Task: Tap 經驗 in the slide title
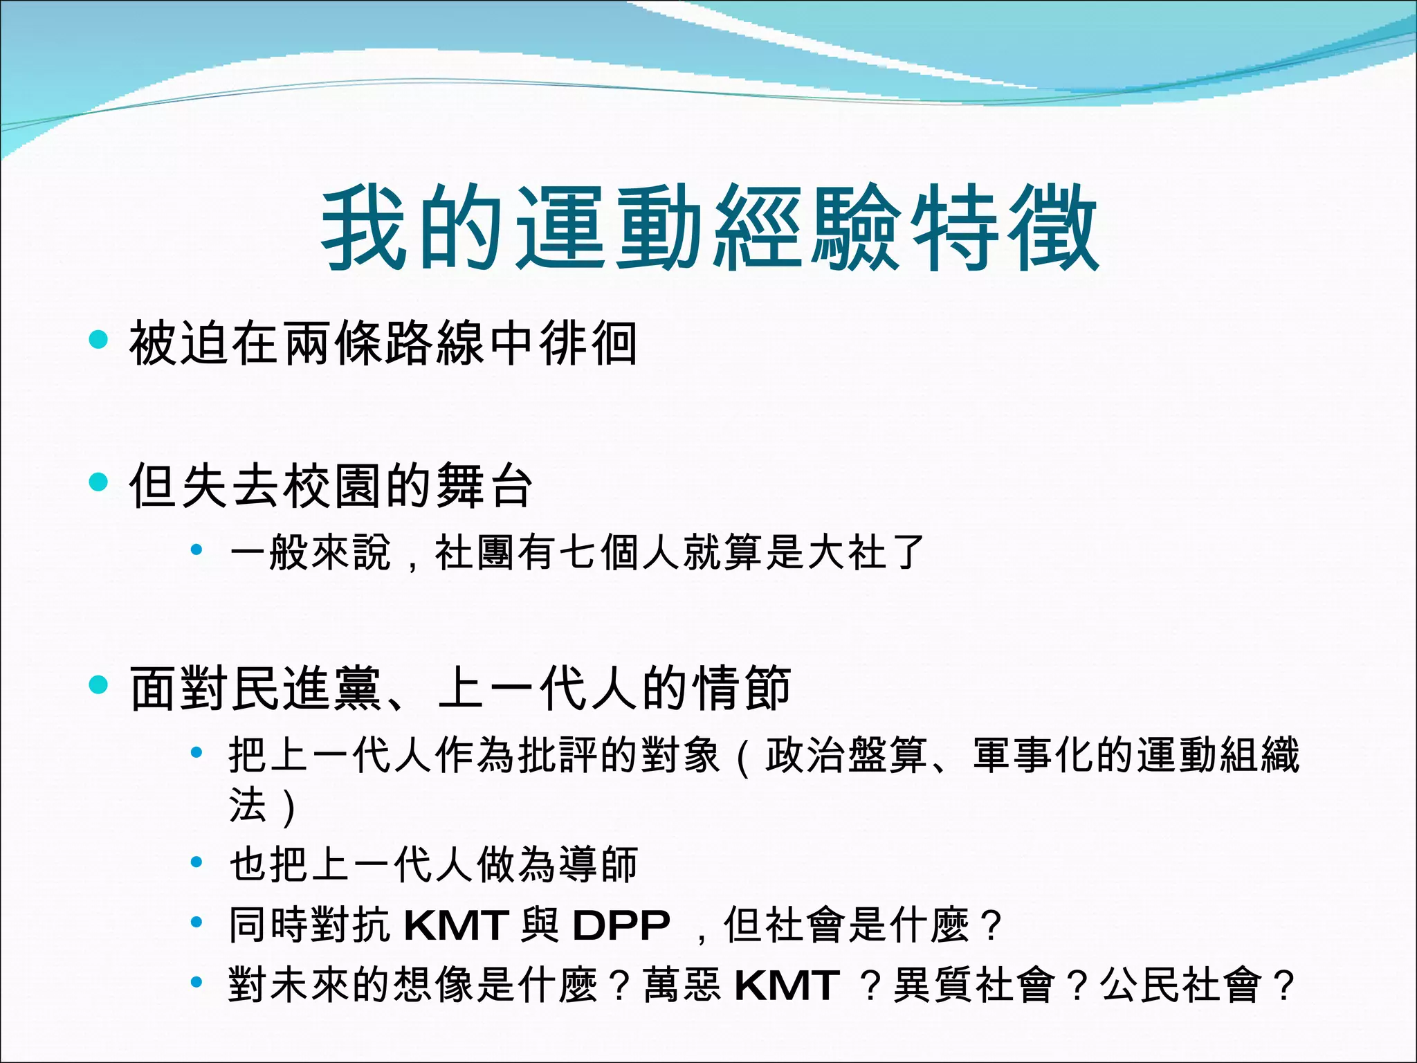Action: tap(807, 228)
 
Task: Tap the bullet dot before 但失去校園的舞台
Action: tap(99, 482)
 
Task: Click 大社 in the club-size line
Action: tap(846, 552)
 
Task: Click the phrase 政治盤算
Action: tap(845, 755)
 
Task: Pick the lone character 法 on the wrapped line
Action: tap(248, 805)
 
